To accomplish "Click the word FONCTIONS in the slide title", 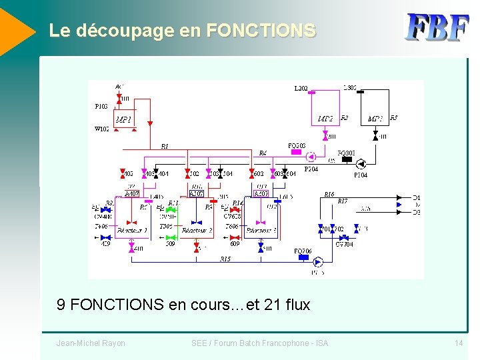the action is click(x=261, y=31).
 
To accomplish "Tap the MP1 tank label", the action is click(x=123, y=120).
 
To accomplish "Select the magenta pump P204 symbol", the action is click(x=310, y=158).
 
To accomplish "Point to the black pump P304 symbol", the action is click(x=361, y=164).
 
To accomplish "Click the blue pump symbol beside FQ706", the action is click(x=317, y=262).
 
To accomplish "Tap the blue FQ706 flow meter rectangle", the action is click(x=303, y=260).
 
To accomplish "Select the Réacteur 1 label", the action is click(x=131, y=231).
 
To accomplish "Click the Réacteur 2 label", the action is click(x=197, y=231).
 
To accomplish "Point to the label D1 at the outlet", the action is click(x=417, y=198).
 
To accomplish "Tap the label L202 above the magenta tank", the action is click(x=301, y=88).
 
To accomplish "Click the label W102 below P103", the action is click(x=102, y=129).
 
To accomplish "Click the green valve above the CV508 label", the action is click(x=170, y=209).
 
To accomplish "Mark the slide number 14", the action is click(x=459, y=343).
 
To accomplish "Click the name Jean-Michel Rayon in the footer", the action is click(x=91, y=343).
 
